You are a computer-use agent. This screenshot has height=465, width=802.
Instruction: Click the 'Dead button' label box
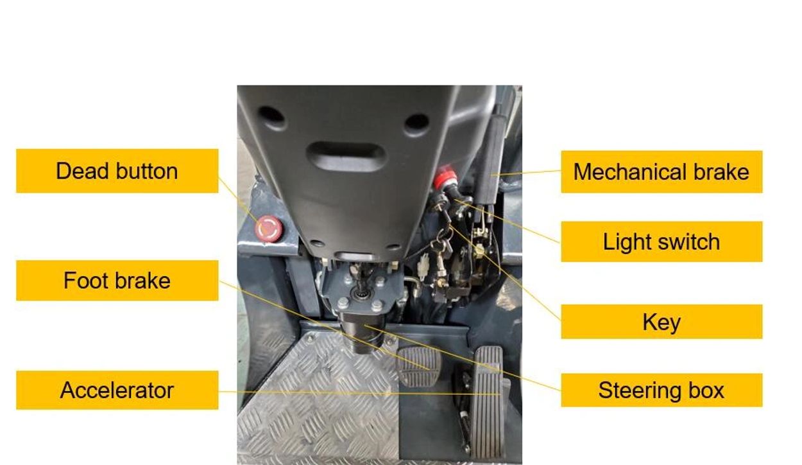[x=117, y=171]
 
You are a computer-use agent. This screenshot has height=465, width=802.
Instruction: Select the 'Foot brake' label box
[x=117, y=281]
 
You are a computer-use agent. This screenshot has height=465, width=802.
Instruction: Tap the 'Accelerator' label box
[x=117, y=390]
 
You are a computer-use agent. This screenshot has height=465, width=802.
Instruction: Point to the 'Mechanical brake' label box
[x=661, y=171]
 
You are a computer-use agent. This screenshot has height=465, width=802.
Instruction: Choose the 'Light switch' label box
[x=661, y=241]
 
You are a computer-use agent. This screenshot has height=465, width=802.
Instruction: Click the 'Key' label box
[x=661, y=322]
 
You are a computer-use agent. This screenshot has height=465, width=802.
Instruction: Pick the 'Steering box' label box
[x=661, y=390]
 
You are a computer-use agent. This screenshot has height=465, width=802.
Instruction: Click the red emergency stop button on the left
[x=269, y=228]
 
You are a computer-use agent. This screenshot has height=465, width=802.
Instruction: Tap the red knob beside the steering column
[x=445, y=177]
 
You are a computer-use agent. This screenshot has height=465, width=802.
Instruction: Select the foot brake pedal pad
[x=419, y=366]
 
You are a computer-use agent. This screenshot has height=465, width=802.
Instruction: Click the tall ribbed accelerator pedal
[x=488, y=401]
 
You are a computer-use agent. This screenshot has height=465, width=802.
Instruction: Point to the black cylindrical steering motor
[x=362, y=331]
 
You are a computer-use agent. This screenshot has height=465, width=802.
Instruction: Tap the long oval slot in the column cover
[x=346, y=157]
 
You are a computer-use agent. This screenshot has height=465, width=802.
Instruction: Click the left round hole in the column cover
[x=271, y=117]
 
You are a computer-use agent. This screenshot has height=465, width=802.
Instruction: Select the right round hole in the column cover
[x=417, y=124]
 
